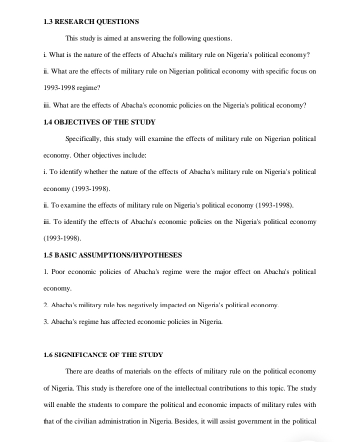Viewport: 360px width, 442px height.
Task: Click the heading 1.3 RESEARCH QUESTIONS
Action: tap(91, 22)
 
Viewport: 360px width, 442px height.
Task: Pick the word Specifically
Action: tap(83, 138)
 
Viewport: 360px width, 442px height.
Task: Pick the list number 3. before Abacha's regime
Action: tap(46, 322)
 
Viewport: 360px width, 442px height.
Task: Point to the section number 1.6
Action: tap(48, 355)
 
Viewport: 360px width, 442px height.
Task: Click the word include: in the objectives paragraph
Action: tap(133, 155)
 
